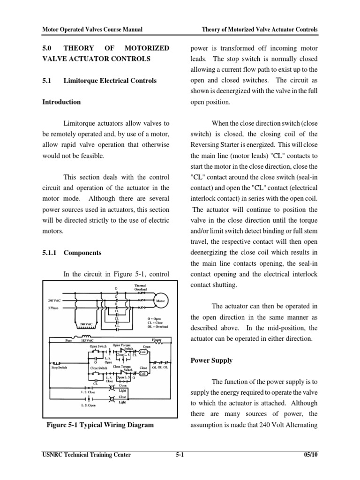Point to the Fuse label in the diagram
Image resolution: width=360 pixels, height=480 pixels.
pyautogui.click(x=69, y=341)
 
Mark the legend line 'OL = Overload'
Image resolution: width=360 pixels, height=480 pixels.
pyautogui.click(x=157, y=326)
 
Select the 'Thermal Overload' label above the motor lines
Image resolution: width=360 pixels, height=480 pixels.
pyautogui.click(x=141, y=287)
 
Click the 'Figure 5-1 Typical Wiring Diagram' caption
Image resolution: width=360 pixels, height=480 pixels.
pyautogui.click(x=100, y=425)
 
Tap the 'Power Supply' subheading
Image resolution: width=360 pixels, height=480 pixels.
pyautogui.click(x=212, y=361)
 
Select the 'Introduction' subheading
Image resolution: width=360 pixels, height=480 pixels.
pyautogui.click(x=61, y=102)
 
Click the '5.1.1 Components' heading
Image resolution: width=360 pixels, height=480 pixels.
pyautogui.click(x=72, y=253)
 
